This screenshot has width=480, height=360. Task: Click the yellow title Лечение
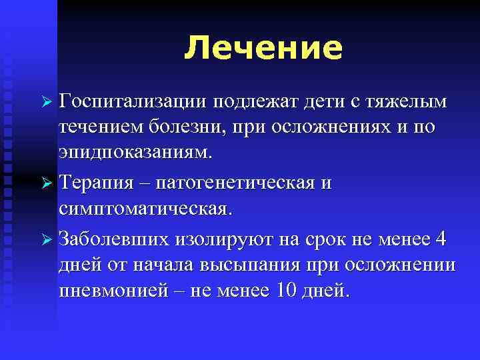263,48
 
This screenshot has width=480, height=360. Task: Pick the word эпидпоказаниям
135,151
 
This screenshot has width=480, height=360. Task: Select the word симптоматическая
145,207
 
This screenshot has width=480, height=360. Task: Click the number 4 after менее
441,238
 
